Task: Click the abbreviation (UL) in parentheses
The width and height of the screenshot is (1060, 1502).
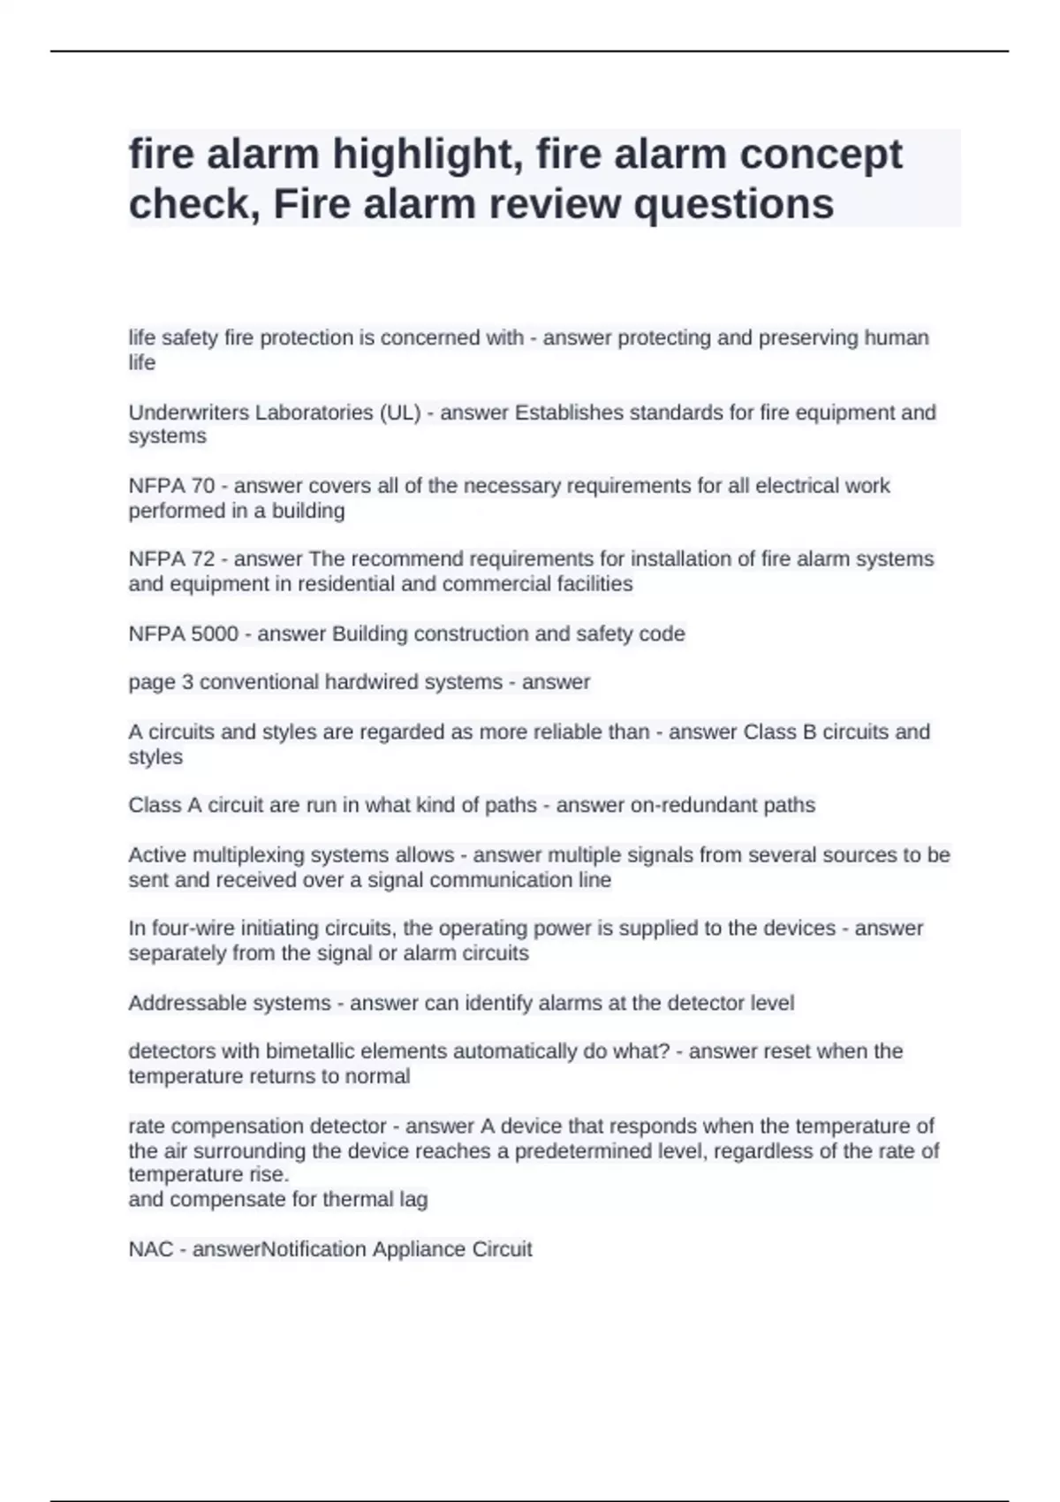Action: click(399, 413)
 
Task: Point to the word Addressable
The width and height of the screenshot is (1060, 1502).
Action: click(185, 1003)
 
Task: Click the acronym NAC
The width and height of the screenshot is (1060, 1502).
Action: click(151, 1249)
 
